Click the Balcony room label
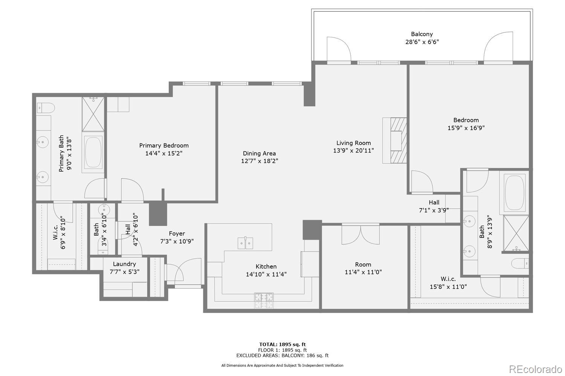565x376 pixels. [421, 34]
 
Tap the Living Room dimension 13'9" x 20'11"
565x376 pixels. [353, 151]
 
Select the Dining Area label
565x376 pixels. [259, 153]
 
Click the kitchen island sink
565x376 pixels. [245, 243]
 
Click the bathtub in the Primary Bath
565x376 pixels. [93, 152]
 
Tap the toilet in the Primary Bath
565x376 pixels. [45, 108]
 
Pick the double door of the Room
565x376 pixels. [360, 234]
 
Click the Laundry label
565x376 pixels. [124, 264]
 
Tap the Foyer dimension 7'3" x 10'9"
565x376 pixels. [177, 241]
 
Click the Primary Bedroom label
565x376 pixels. [164, 145]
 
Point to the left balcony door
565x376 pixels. [339, 50]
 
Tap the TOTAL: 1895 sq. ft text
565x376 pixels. [282, 344]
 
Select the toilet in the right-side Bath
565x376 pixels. [520, 263]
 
